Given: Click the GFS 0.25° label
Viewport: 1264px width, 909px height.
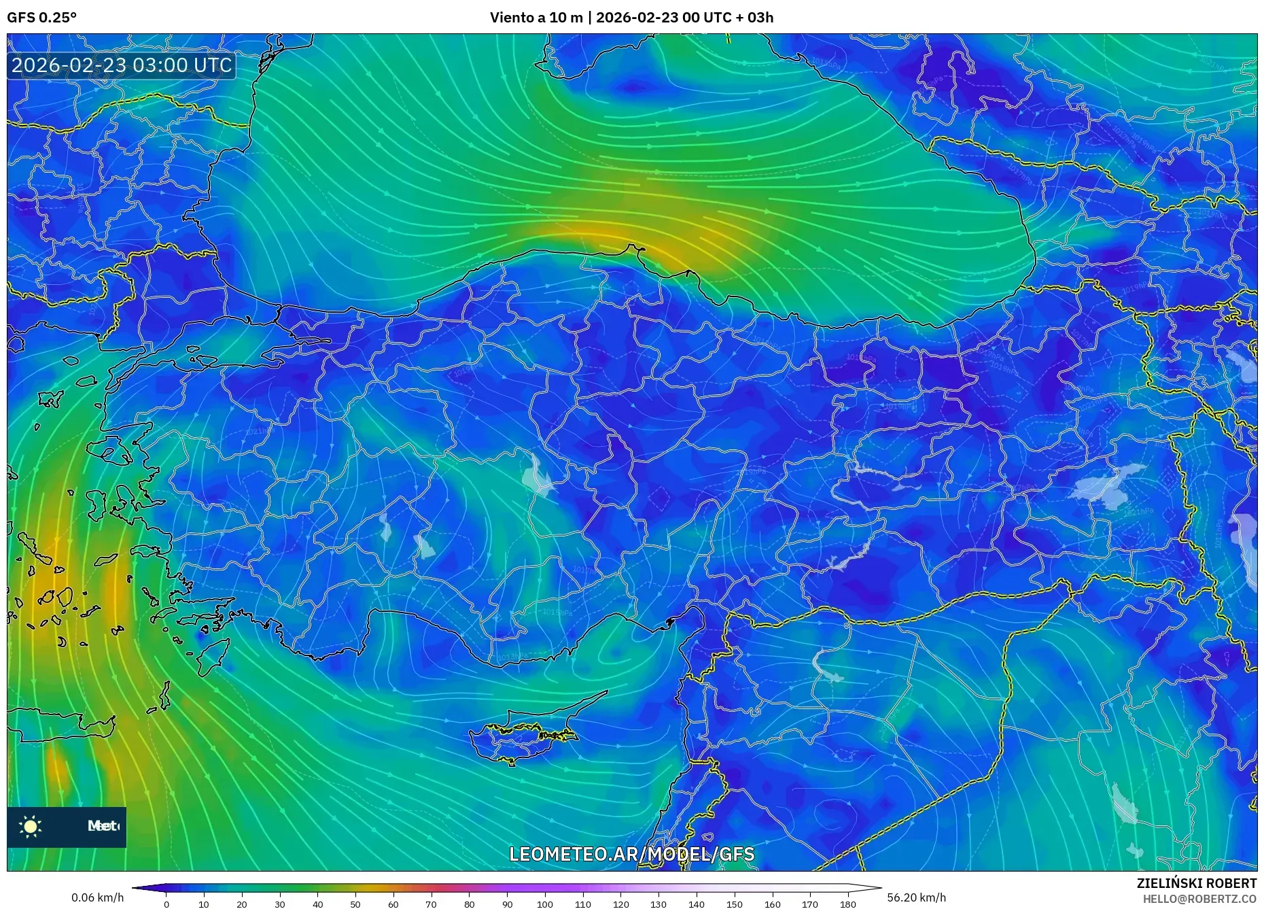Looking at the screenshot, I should click(42, 18).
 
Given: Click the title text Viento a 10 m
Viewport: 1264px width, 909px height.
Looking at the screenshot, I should click(536, 18).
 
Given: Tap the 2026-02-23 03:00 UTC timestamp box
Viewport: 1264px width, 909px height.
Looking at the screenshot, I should click(122, 65).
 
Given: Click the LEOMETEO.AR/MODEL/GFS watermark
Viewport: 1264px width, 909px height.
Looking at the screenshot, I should click(631, 854).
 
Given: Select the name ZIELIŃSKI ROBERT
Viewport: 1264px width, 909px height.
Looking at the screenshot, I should click(1196, 883).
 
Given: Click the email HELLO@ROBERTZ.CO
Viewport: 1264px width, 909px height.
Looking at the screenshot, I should click(1199, 899).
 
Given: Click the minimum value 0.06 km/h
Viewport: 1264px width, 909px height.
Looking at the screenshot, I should click(98, 897).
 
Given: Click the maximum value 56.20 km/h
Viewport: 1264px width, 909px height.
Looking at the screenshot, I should click(916, 897).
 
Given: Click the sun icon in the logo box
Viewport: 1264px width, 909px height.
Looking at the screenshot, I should click(31, 827).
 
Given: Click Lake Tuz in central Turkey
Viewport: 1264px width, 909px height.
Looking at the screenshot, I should click(539, 476).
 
